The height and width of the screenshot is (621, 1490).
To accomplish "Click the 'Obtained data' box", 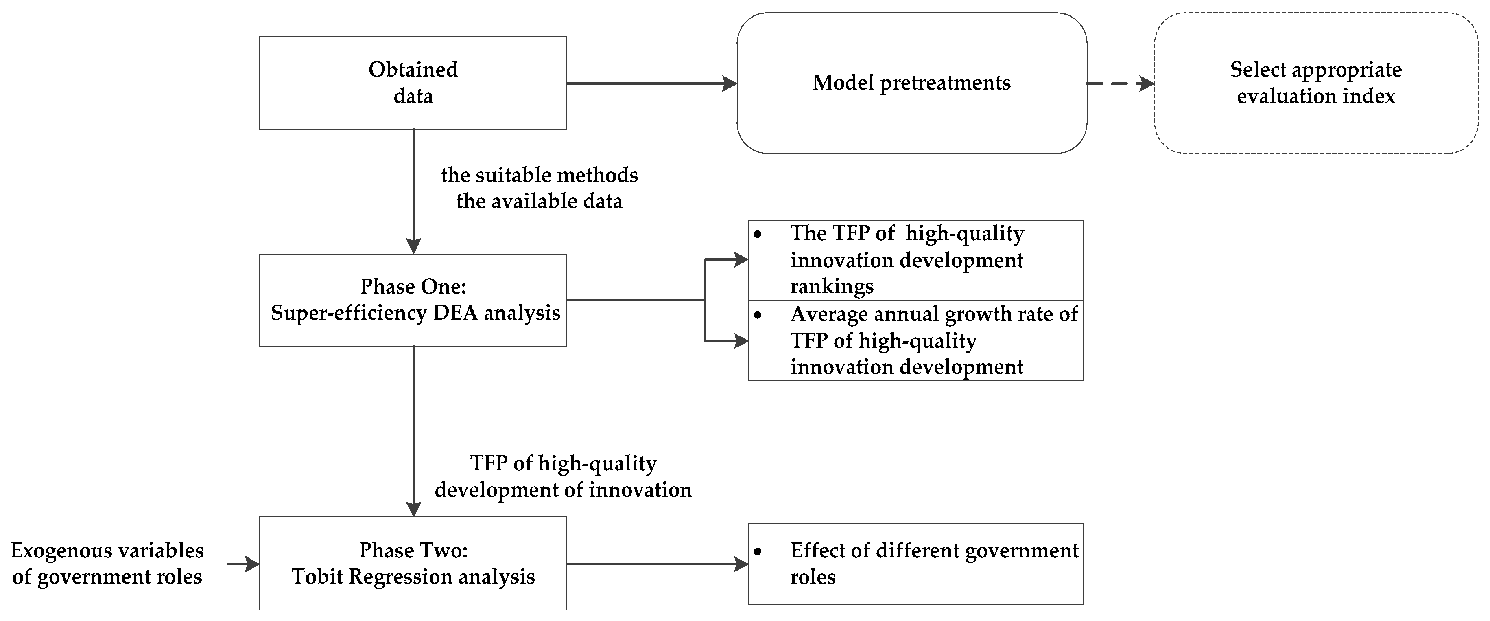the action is click(x=413, y=83).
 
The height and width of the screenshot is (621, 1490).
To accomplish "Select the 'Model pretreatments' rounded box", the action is click(x=911, y=83).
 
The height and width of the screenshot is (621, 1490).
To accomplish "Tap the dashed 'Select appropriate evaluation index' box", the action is click(x=1315, y=83).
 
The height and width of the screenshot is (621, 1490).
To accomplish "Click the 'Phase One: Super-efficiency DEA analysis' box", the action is click(x=413, y=300).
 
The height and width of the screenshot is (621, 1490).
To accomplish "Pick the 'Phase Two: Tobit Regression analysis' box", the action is click(x=413, y=563).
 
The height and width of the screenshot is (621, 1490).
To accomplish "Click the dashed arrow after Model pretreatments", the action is click(x=1120, y=83).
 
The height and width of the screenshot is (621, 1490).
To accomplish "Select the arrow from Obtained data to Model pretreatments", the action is click(x=651, y=83).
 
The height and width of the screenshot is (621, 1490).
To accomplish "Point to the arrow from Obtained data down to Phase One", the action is click(x=413, y=191).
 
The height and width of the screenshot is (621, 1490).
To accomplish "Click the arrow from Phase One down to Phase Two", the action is click(x=413, y=431).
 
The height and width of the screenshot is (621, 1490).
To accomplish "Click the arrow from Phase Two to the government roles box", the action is click(x=656, y=564).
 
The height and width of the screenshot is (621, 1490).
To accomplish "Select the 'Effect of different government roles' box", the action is click(x=915, y=564).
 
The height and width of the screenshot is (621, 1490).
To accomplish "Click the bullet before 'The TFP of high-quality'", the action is click(x=758, y=235).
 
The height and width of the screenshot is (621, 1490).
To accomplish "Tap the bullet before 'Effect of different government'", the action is click(x=758, y=551).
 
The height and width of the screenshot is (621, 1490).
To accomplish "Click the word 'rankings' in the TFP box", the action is click(x=832, y=287).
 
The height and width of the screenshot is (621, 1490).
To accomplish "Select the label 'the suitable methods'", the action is click(x=539, y=175).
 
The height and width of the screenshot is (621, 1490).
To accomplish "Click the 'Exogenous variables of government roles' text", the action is click(x=107, y=563).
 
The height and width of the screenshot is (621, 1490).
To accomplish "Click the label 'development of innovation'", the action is click(x=563, y=489).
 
